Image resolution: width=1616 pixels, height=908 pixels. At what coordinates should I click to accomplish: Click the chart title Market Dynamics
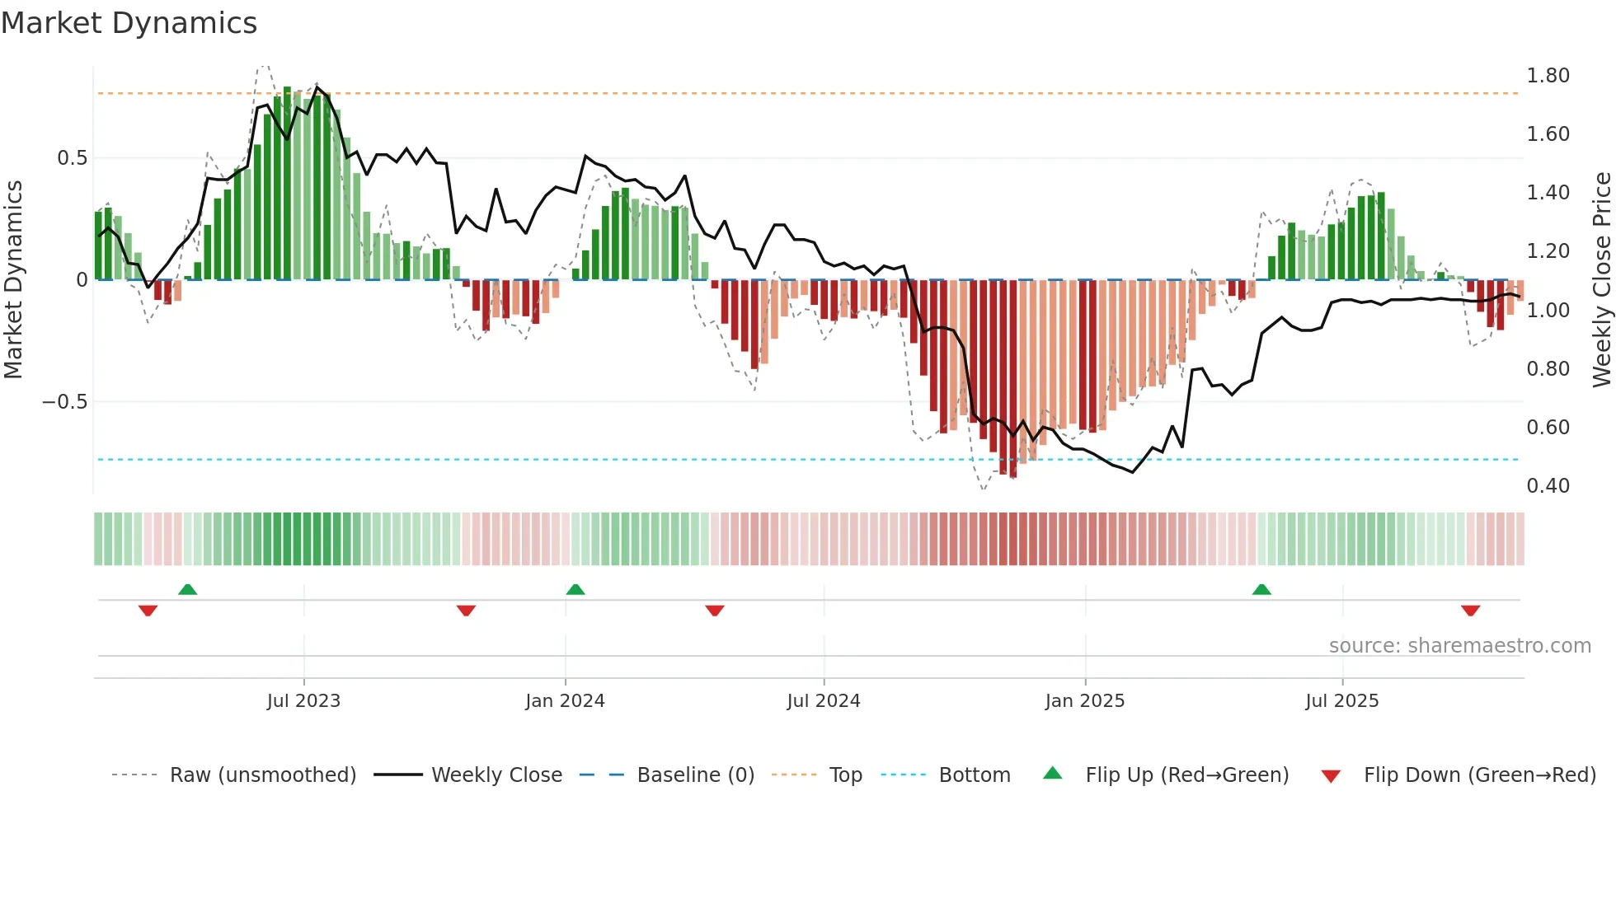click(129, 23)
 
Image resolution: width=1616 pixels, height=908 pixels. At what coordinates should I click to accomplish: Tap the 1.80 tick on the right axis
click(1548, 76)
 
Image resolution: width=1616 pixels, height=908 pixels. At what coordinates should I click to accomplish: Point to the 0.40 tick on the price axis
click(1548, 486)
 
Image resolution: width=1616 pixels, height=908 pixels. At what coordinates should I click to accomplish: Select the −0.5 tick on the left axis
click(64, 402)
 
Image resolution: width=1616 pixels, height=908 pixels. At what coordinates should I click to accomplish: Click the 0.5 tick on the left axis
click(72, 158)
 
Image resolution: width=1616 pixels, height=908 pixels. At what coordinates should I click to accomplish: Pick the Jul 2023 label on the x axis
click(303, 701)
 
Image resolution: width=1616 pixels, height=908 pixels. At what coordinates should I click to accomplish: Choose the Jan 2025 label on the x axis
click(1084, 701)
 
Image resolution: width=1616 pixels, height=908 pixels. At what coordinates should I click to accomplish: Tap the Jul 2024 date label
click(823, 701)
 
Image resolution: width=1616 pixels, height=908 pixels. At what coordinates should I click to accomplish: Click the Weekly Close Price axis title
click(1601, 280)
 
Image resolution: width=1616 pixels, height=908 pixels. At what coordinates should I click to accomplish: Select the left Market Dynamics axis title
click(13, 280)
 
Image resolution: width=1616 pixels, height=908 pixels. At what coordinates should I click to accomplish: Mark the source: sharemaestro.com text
click(1459, 646)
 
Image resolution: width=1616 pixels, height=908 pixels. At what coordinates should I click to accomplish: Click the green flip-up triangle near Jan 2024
click(575, 590)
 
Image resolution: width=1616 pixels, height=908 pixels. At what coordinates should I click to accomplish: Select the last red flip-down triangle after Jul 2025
click(1470, 611)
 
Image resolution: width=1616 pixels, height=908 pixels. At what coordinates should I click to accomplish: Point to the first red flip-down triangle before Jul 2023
click(148, 611)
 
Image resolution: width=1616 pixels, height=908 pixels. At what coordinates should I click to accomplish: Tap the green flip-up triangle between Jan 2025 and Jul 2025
click(1261, 590)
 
